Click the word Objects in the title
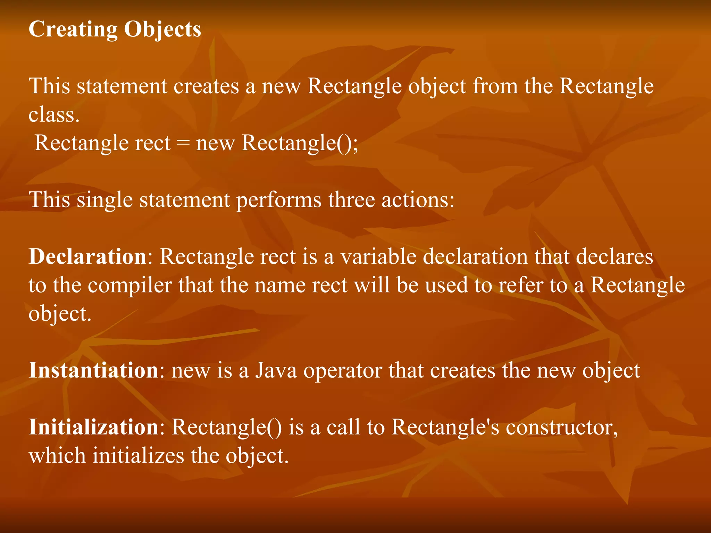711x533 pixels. tap(162, 29)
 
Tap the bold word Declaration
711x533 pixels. tap(87, 257)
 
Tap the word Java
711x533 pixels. tap(276, 370)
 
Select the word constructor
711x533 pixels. tap(561, 427)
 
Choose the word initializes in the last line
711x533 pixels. tap(138, 456)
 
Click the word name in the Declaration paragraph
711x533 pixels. tap(280, 286)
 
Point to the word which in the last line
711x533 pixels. tap(57, 456)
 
